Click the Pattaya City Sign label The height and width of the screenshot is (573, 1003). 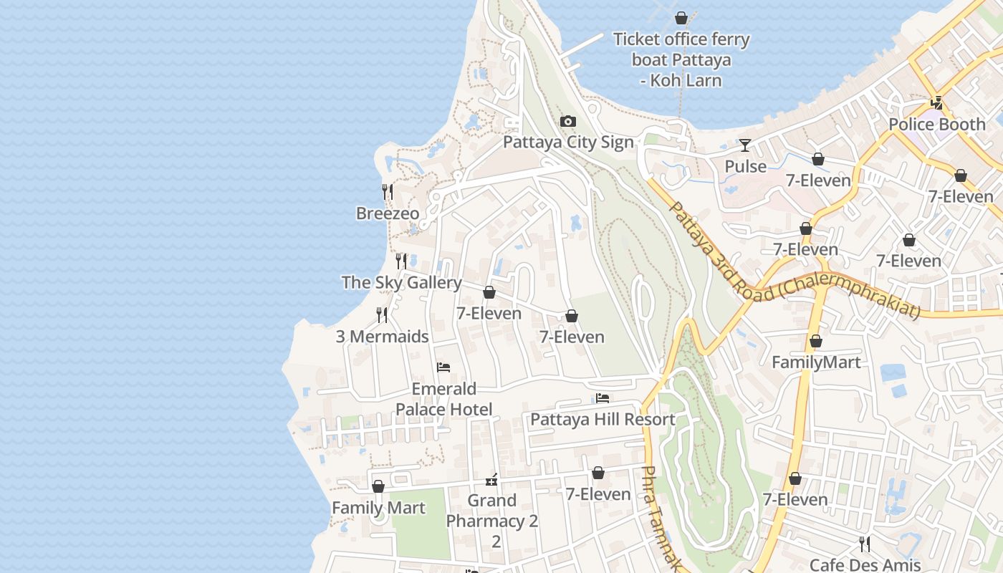click(568, 142)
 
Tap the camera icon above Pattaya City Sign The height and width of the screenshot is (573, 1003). click(568, 121)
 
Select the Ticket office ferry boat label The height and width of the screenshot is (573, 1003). click(681, 59)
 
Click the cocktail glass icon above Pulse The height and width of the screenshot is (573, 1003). click(745, 145)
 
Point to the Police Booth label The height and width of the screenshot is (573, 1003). click(936, 124)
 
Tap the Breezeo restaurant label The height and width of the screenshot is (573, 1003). click(388, 213)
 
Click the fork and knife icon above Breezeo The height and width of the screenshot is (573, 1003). click(388, 191)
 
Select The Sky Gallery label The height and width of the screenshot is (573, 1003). click(401, 282)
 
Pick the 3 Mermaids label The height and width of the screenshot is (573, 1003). click(383, 337)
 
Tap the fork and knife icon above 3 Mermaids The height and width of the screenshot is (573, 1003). click(383, 314)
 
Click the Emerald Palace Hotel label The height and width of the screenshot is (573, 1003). click(444, 399)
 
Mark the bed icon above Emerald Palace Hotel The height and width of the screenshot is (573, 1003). click(443, 367)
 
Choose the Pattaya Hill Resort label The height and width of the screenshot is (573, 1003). click(603, 419)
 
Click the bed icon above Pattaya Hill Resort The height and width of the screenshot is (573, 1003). click(603, 398)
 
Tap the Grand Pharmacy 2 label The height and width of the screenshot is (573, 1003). click(491, 511)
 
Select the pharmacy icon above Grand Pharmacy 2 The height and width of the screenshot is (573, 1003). click(491, 479)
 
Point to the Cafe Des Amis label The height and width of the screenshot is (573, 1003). click(865, 564)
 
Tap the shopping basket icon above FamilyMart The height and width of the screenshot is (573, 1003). click(815, 341)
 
